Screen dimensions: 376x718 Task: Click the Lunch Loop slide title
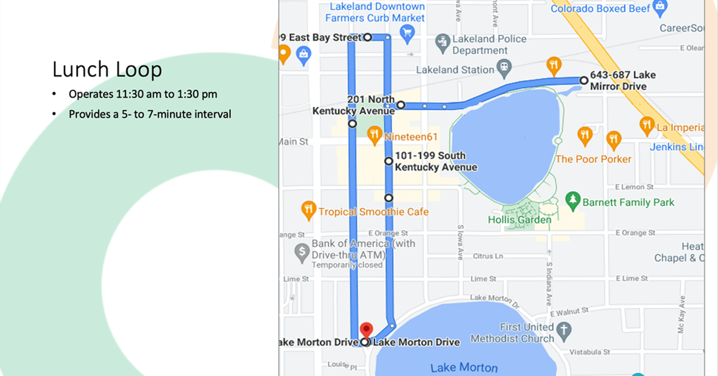tap(107, 69)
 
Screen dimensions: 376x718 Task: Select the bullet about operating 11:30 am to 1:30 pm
tap(142, 94)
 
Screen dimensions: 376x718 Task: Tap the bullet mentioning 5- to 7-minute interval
tap(150, 114)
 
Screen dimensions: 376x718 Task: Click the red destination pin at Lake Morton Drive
tap(366, 330)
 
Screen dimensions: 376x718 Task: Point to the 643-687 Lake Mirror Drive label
tap(622, 81)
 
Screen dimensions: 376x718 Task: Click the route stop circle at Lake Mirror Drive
tap(583, 80)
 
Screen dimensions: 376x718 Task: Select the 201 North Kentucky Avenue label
tap(353, 105)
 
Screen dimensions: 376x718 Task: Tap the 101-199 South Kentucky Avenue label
tap(436, 162)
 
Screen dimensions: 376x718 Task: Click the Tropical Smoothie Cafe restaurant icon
tap(308, 209)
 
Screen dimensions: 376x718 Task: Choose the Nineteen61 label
tap(411, 137)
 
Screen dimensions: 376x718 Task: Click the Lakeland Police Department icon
tap(443, 41)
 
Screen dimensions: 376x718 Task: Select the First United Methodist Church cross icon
tap(562, 330)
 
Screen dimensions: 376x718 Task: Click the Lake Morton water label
tap(464, 368)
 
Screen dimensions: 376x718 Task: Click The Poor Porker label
tap(593, 159)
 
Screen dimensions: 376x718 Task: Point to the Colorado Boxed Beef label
tap(600, 8)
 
